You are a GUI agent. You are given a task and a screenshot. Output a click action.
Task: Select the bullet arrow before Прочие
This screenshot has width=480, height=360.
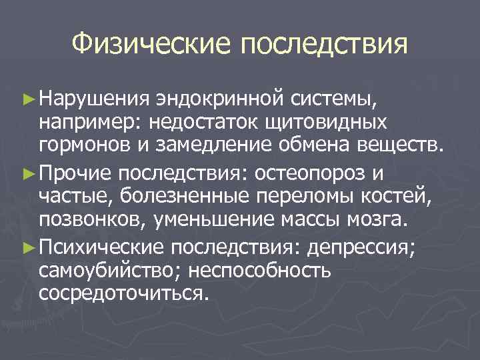(x=29, y=174)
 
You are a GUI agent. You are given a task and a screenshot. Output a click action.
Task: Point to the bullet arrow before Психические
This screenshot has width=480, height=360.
(x=29, y=247)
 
